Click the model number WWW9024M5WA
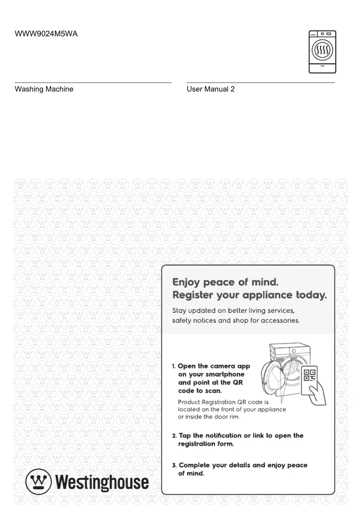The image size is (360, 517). pyautogui.click(x=46, y=34)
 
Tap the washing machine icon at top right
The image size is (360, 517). pyautogui.click(x=322, y=52)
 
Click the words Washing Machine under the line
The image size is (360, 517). pyautogui.click(x=44, y=89)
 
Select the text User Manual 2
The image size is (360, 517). pyautogui.click(x=211, y=89)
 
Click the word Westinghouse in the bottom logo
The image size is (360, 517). pyautogui.click(x=101, y=482)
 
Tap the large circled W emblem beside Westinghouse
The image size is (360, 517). pyautogui.click(x=38, y=482)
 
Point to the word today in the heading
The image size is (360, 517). pyautogui.click(x=310, y=295)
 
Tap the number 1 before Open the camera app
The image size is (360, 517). pyautogui.click(x=174, y=367)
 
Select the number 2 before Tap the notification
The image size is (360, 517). pyautogui.click(x=174, y=436)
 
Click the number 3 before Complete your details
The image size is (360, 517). pyautogui.click(x=174, y=465)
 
